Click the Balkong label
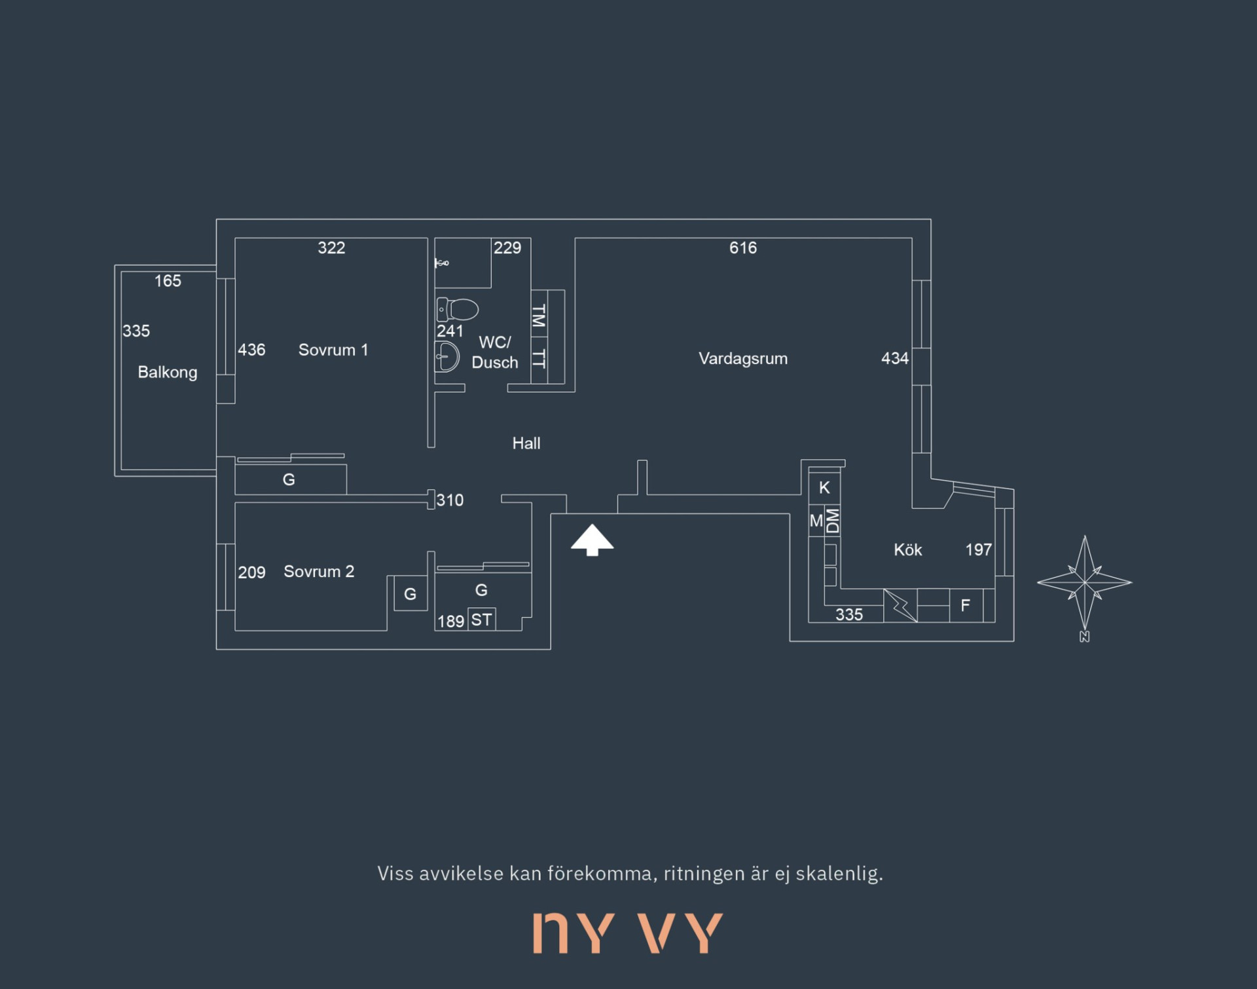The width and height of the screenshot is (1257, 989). coord(167,372)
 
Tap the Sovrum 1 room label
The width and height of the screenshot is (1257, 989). coord(333,350)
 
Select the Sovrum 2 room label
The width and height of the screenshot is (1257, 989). coord(319,571)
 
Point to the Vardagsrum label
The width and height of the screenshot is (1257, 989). coord(742,358)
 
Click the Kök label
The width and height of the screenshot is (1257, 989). coord(907,550)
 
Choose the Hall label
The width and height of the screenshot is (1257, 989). coord(526,443)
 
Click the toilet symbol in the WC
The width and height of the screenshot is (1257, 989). coord(458,308)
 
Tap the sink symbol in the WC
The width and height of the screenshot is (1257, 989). coord(447,357)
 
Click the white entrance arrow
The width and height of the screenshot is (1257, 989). coord(592,540)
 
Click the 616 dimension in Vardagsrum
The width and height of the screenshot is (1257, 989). coord(742,248)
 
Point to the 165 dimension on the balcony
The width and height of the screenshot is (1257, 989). coord(168,281)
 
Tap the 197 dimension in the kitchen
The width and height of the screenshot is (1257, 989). coord(978,550)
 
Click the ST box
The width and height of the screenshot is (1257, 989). coord(481,620)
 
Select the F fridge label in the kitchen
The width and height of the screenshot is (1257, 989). coord(964,606)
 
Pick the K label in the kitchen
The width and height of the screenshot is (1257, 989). coord(824,487)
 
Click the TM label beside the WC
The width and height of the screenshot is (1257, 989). coord(539,317)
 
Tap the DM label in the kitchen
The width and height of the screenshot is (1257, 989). coord(832,521)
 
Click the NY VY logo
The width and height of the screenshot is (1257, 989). coord(628,933)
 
